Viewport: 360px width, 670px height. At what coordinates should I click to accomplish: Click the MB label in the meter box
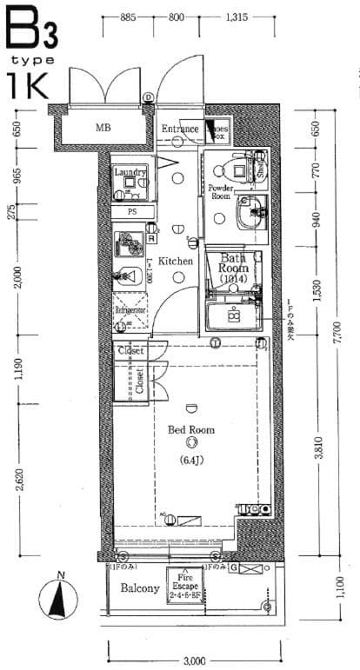(x=103, y=129)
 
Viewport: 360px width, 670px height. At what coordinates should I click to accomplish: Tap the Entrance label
(x=180, y=130)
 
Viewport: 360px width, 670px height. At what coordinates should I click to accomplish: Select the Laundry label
(x=130, y=172)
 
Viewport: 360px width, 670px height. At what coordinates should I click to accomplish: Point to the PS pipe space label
(x=133, y=212)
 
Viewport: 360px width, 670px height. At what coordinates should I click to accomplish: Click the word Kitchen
(x=175, y=261)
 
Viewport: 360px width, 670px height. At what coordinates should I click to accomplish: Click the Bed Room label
(x=190, y=429)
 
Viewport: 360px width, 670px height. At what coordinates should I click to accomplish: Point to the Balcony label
(x=139, y=589)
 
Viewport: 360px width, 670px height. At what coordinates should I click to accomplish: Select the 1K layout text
(x=28, y=87)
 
